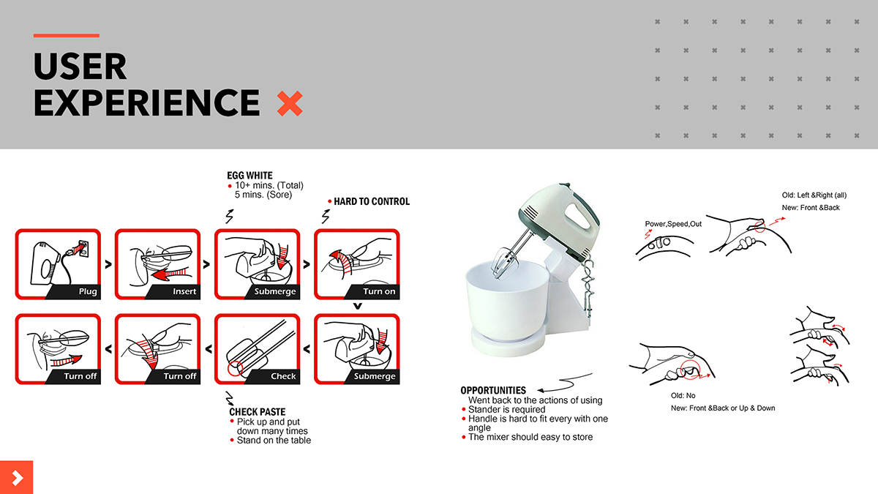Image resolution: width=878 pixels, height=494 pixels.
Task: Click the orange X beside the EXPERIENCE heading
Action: (x=290, y=104)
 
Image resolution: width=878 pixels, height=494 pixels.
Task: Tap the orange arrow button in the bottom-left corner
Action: (x=17, y=478)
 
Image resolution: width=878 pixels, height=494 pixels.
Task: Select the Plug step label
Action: (x=88, y=291)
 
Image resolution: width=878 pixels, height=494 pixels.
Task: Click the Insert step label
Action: (x=184, y=291)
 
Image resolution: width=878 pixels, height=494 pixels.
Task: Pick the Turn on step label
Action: (x=379, y=291)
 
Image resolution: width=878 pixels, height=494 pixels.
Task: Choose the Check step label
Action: (x=283, y=376)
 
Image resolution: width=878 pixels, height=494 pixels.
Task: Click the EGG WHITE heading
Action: (x=250, y=176)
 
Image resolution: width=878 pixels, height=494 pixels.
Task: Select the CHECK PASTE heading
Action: (x=258, y=412)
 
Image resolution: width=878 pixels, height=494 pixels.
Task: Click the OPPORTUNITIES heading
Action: (x=493, y=391)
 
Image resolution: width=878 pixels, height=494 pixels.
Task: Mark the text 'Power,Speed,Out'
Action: (x=673, y=224)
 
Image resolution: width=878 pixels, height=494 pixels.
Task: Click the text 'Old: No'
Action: (x=683, y=396)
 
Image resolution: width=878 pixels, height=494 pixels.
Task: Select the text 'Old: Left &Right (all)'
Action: (x=814, y=195)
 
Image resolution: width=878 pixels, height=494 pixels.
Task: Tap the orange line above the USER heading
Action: (x=66, y=35)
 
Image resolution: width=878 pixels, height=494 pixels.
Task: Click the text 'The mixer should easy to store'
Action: (x=530, y=437)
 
